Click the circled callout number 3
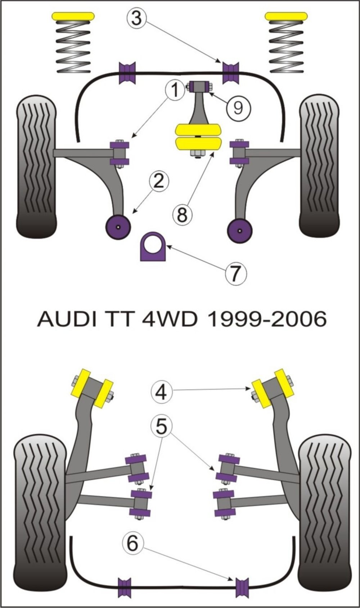[x=136, y=18]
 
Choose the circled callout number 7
[x=236, y=273]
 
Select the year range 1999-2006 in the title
[x=266, y=319]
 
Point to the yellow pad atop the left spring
[x=73, y=16]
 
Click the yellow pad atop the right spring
[x=286, y=16]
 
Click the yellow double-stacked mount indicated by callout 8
[x=198, y=137]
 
